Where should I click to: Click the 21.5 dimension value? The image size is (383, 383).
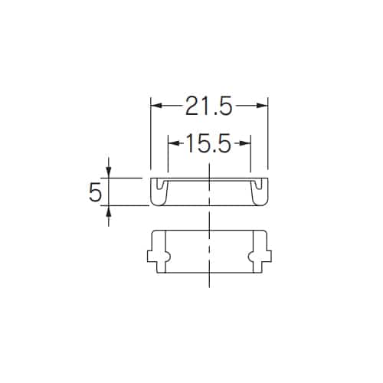point(209,106)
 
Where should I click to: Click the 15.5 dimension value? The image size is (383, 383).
point(209,143)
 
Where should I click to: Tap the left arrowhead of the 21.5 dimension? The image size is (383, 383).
point(156,106)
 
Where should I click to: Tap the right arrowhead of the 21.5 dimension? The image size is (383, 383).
point(262,106)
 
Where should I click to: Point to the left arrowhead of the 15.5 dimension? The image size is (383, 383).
point(174,143)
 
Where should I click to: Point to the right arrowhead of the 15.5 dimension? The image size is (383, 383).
point(245,143)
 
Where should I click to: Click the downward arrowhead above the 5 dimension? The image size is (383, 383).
point(109,172)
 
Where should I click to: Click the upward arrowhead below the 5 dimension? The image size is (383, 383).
point(109,211)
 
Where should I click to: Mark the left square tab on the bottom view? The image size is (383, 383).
point(152,257)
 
